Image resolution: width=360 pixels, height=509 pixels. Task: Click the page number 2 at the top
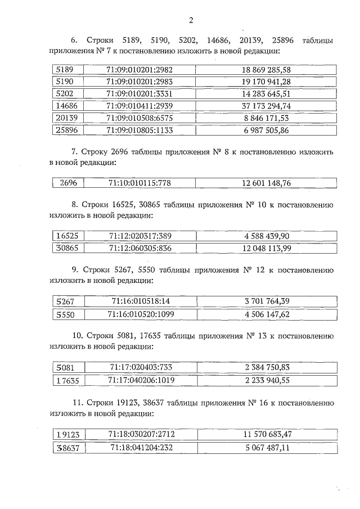coord(191,21)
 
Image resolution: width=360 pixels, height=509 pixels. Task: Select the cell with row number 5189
coord(66,70)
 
